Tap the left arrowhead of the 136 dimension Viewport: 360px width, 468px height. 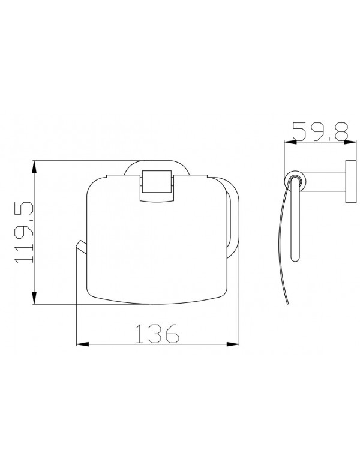(x=80, y=344)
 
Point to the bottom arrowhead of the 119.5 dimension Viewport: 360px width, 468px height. (x=34, y=300)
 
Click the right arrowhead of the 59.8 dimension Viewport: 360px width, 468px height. (x=347, y=142)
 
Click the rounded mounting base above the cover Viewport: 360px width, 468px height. (x=156, y=165)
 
